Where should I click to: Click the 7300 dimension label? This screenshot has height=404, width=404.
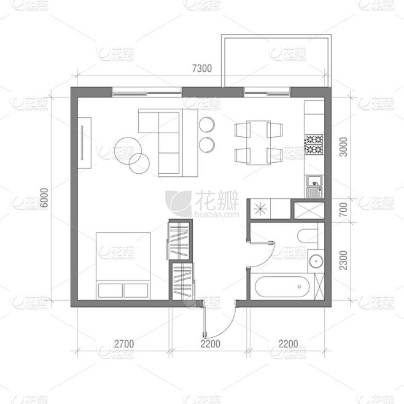click(x=202, y=68)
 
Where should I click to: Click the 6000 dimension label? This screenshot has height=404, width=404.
click(x=44, y=198)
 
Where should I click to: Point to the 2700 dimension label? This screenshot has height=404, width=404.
click(x=124, y=344)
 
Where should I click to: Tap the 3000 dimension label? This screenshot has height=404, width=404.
click(x=343, y=147)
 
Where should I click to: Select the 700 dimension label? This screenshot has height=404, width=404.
click(x=343, y=209)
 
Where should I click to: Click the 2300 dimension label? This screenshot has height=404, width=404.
click(x=343, y=260)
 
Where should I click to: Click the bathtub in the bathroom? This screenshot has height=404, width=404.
click(x=282, y=287)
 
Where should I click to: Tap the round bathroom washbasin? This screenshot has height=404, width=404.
click(x=316, y=261)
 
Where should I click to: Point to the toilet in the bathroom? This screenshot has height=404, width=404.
click(x=308, y=236)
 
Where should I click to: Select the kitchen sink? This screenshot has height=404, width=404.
click(x=314, y=187)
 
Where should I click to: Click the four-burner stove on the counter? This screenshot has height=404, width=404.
click(x=314, y=144)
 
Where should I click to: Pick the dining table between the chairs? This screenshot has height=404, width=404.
click(x=258, y=142)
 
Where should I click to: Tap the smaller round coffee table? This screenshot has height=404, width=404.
click(x=139, y=163)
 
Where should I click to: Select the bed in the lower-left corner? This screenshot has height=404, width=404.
click(x=123, y=266)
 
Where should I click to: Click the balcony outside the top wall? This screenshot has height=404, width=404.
click(x=276, y=61)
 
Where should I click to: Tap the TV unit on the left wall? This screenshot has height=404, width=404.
click(x=85, y=143)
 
